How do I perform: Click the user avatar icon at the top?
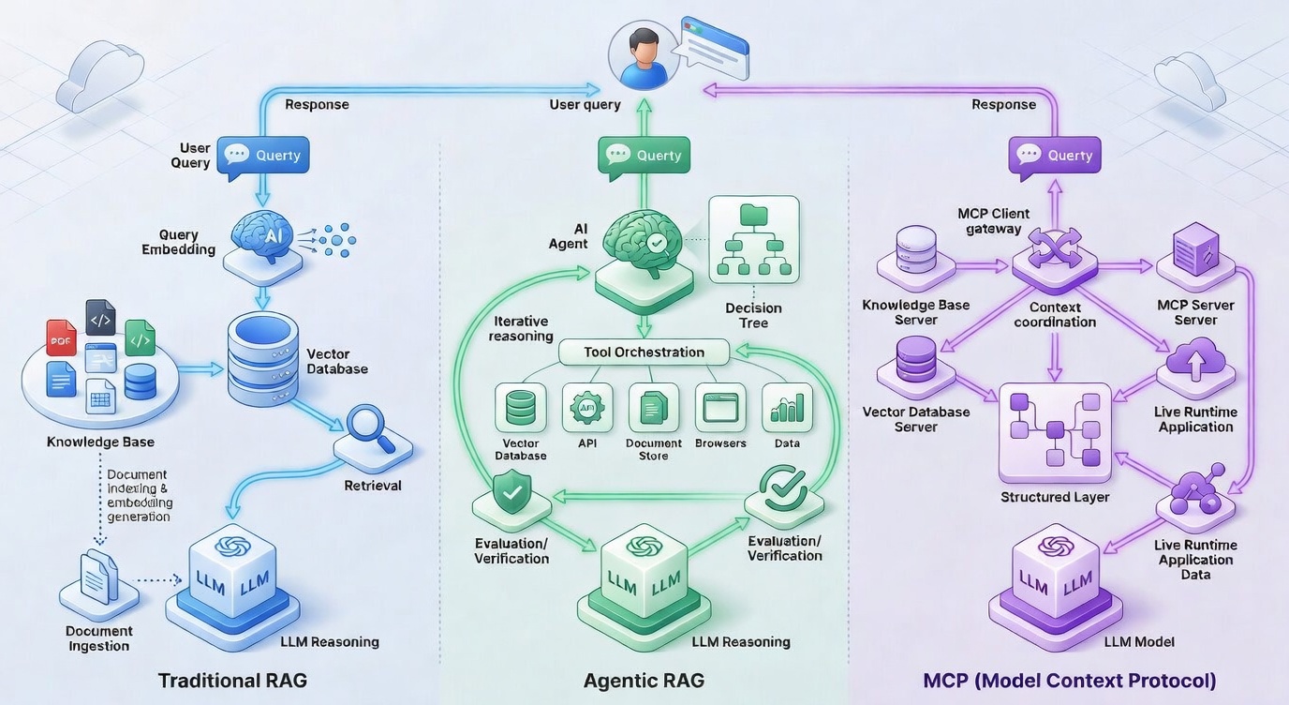(642, 55)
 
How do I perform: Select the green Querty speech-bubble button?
(644, 156)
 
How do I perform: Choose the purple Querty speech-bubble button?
(1054, 156)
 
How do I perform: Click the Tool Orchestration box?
(644, 352)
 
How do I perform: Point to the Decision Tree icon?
(753, 240)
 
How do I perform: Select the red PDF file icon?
(62, 338)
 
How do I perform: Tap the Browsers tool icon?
(720, 408)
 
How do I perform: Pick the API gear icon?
(587, 408)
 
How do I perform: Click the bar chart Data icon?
(787, 408)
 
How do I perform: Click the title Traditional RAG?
(232, 681)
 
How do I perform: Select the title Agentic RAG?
(644, 681)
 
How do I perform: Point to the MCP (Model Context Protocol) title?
(1070, 681)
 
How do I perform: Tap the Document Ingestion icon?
(98, 576)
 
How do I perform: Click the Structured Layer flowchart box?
(1055, 432)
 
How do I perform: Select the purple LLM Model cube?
(1055, 574)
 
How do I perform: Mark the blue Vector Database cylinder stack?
(262, 358)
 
